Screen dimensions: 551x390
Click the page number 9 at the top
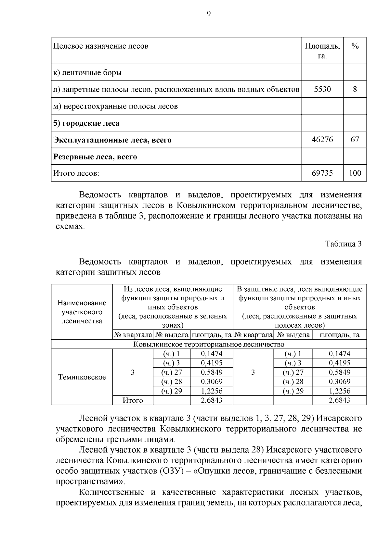point(208,14)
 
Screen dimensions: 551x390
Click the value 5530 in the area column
point(322,89)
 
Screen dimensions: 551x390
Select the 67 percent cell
point(355,140)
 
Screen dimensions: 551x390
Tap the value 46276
point(322,140)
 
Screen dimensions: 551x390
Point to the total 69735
point(322,173)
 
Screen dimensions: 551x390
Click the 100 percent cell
point(355,173)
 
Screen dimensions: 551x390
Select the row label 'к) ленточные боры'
point(87,72)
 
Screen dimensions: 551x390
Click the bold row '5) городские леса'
point(86,123)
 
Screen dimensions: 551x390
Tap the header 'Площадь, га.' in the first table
point(322,51)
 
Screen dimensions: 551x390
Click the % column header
point(355,46)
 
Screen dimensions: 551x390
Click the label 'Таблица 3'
point(344,244)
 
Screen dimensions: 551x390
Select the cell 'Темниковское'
point(82,377)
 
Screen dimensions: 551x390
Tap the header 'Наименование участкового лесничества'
point(82,312)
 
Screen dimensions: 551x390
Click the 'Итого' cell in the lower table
point(133,400)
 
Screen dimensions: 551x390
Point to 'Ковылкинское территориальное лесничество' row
point(209,344)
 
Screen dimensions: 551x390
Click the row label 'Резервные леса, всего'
point(95,157)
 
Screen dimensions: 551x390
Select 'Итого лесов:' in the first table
point(76,173)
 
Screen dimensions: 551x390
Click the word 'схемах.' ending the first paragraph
point(70,227)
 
